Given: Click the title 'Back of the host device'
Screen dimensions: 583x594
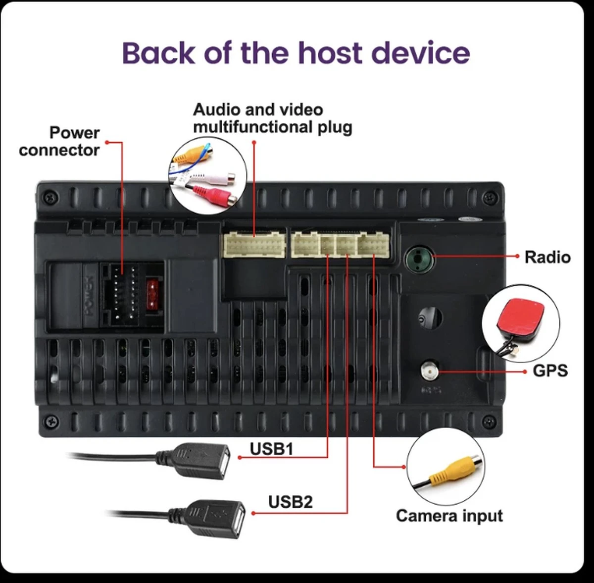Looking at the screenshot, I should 296,53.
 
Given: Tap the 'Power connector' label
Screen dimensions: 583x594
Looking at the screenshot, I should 59,141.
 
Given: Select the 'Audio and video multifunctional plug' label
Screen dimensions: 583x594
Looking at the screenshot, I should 272,118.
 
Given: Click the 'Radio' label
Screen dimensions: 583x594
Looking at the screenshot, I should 547,257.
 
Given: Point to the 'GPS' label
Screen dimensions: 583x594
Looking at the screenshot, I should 550,371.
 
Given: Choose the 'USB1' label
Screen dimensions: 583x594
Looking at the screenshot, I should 271,449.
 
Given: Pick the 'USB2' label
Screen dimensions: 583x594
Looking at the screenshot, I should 291,502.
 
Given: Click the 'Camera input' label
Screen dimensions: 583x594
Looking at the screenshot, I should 449,516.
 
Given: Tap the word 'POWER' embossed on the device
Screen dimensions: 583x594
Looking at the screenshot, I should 88,296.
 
